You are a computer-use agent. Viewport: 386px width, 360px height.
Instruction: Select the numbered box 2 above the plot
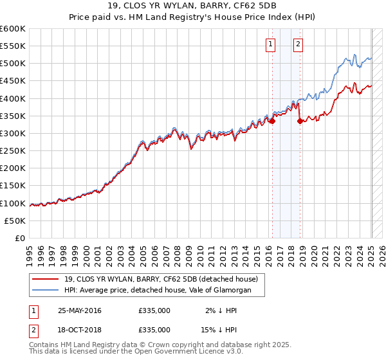[299, 44]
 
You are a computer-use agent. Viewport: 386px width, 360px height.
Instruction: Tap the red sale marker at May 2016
[272, 121]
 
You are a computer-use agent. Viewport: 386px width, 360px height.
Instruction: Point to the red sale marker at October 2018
[300, 121]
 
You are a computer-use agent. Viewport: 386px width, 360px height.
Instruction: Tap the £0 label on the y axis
[21, 239]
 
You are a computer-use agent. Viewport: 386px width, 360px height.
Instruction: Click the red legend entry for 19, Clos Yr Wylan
[161, 279]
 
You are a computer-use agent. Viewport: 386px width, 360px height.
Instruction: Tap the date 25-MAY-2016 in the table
[80, 310]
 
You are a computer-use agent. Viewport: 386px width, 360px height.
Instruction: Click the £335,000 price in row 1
[154, 310]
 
